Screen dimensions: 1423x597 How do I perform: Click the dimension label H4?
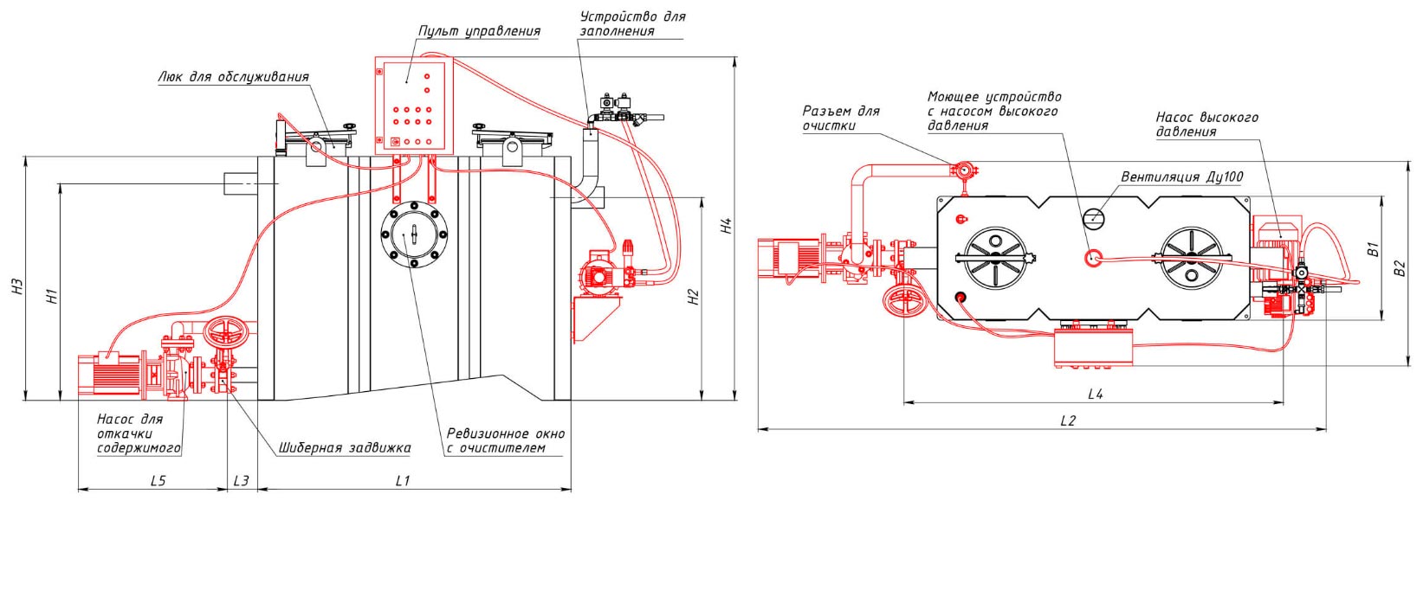click(727, 225)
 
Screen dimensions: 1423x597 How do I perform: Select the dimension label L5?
click(158, 481)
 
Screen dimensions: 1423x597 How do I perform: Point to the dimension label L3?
click(242, 481)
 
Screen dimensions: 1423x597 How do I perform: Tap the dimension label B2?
click(1400, 267)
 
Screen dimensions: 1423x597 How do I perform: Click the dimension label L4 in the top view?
click(1096, 394)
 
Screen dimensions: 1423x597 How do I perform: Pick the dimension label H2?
click(694, 296)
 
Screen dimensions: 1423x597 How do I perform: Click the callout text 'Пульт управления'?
click(479, 31)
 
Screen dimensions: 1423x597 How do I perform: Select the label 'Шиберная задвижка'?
click(345, 448)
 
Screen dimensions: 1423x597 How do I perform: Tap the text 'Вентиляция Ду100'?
click(1181, 177)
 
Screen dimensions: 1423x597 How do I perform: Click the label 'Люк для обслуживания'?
click(233, 77)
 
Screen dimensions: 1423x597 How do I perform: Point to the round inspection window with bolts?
click(414, 234)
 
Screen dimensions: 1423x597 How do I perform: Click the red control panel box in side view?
click(413, 106)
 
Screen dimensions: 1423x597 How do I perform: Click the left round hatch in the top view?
click(995, 258)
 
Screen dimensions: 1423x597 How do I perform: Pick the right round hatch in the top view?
click(1191, 258)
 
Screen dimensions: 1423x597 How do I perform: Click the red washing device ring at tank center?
click(1093, 258)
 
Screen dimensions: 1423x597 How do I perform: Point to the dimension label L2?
click(1068, 420)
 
